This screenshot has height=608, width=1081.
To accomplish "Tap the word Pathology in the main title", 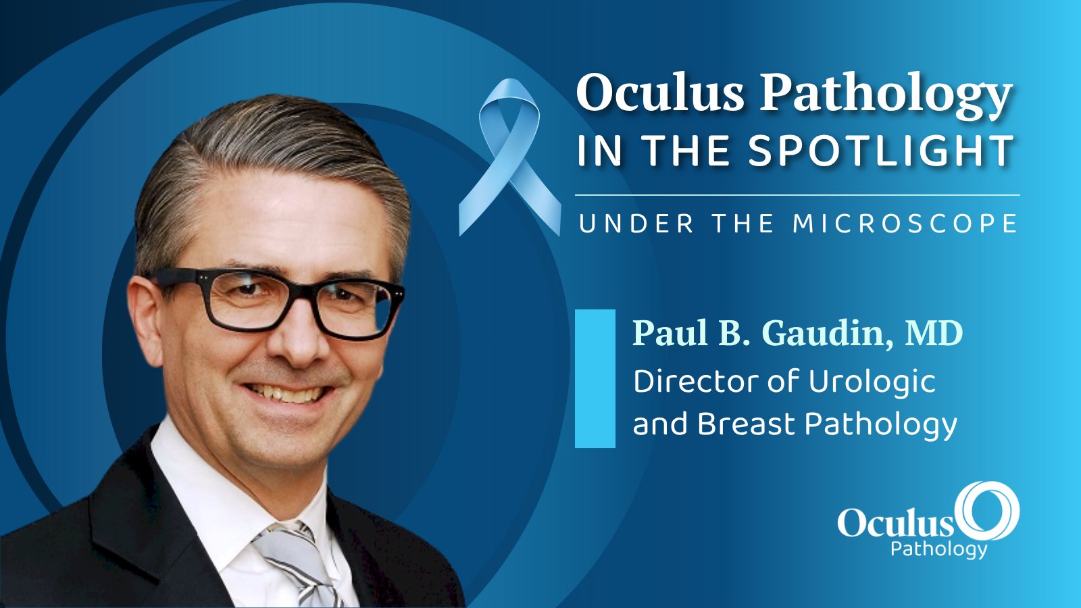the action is [x=886, y=96].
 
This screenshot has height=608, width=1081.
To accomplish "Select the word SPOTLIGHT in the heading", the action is [x=881, y=151].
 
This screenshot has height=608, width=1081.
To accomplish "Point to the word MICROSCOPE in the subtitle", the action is [x=905, y=224].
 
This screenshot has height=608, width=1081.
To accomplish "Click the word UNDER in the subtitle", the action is [x=636, y=224].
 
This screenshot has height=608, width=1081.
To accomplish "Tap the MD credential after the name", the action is [x=933, y=333].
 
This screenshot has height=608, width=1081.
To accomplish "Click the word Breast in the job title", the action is [x=746, y=424].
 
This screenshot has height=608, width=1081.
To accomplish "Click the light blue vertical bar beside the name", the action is [x=595, y=378].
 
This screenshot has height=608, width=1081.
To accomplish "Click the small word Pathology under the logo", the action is [x=938, y=550].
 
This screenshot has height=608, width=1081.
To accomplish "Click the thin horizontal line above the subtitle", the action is [x=797, y=195].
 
